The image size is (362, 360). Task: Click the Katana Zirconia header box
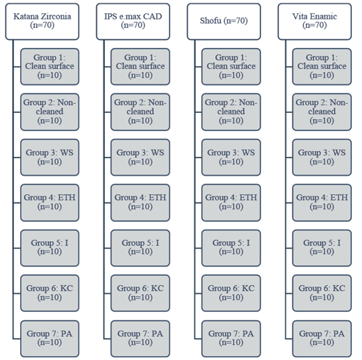click(x=42, y=21)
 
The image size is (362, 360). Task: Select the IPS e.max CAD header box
click(x=133, y=21)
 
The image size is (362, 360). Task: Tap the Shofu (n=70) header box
click(x=224, y=21)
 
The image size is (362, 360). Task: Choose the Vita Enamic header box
click(x=315, y=21)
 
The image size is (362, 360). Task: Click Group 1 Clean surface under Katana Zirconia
click(x=49, y=67)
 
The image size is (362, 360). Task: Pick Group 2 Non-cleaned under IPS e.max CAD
click(x=140, y=112)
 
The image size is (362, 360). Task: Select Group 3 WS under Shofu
click(x=231, y=157)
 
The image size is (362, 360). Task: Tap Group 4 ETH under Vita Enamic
click(x=322, y=202)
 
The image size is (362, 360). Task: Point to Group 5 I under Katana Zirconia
click(x=49, y=248)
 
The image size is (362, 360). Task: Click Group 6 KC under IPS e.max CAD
click(x=140, y=293)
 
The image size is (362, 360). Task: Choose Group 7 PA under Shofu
click(x=231, y=339)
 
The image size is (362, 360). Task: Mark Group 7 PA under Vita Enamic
click(x=322, y=339)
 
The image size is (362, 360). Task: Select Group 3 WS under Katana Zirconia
click(x=49, y=157)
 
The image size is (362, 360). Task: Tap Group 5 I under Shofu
click(x=231, y=248)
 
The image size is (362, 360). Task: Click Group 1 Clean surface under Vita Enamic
click(x=322, y=67)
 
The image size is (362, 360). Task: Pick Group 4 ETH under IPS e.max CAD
click(x=140, y=202)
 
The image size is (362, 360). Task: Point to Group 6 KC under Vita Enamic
click(x=322, y=293)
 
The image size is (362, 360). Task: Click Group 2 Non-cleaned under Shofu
click(x=231, y=112)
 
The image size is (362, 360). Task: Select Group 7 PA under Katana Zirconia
click(x=49, y=339)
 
